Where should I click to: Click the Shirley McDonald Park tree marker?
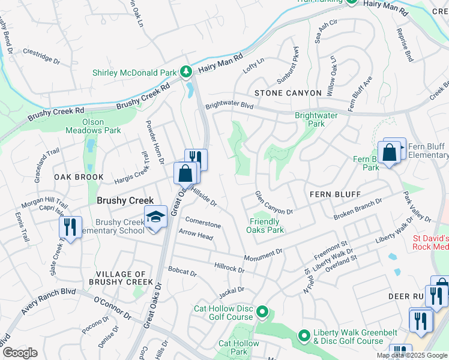[186, 72]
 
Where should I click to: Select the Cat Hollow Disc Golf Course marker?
[262, 312]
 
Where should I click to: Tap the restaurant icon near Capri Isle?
[71, 227]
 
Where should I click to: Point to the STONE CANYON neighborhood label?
[280, 93]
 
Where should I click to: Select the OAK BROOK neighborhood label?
[79, 178]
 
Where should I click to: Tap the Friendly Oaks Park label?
[267, 226]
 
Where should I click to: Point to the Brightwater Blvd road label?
[229, 104]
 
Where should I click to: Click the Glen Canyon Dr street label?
[273, 203]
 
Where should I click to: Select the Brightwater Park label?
[316, 119]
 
